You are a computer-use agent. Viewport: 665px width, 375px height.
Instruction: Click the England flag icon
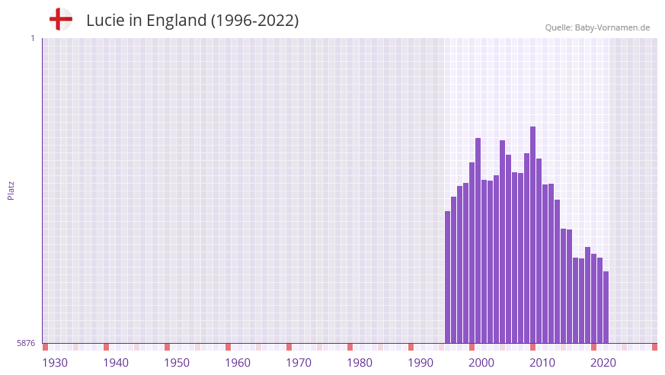click(61, 20)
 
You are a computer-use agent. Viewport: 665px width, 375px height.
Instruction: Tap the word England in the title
click(172, 21)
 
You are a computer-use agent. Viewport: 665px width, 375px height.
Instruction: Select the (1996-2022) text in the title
click(254, 21)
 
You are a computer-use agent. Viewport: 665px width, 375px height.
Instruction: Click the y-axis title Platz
click(11, 191)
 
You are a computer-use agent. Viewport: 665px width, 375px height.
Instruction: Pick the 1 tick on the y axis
click(32, 38)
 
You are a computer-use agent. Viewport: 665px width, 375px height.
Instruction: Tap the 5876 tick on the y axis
click(26, 343)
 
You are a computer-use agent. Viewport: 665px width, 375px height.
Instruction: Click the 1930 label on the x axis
click(55, 363)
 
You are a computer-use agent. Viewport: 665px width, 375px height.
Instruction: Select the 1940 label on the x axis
click(116, 363)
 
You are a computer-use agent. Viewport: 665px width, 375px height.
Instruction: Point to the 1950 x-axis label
click(177, 363)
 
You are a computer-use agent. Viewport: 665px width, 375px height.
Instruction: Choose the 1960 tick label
click(238, 363)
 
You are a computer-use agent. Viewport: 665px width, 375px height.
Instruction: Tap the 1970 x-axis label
click(299, 363)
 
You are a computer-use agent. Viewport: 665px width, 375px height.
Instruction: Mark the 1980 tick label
click(360, 363)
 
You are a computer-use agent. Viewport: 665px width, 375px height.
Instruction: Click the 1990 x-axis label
click(420, 363)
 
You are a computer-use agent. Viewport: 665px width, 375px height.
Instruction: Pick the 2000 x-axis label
click(481, 363)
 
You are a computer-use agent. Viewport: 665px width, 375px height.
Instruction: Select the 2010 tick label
click(542, 363)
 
